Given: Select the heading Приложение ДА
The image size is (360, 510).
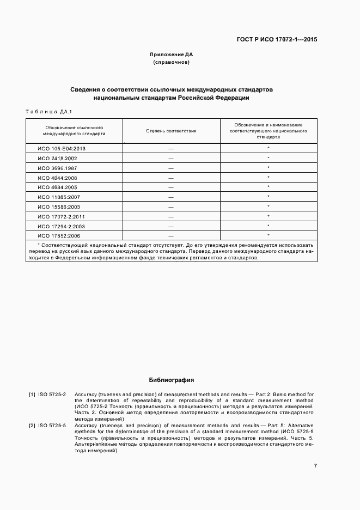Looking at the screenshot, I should click(x=172, y=54).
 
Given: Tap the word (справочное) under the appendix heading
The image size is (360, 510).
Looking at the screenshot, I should click(x=172, y=63).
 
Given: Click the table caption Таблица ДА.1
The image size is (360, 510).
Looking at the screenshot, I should click(x=48, y=112).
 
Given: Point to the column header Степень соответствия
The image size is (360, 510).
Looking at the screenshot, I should click(x=171, y=131).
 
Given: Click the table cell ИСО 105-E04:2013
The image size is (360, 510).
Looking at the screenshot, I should click(x=62, y=148).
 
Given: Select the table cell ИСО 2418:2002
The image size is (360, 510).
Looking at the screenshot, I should click(x=57, y=158).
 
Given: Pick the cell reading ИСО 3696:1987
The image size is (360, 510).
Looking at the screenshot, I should click(x=57, y=168).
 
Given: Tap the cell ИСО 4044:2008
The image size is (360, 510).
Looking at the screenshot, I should click(x=57, y=178).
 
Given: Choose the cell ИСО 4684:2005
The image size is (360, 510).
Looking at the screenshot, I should click(x=57, y=187).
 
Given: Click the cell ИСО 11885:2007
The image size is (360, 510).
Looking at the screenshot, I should click(x=59, y=197).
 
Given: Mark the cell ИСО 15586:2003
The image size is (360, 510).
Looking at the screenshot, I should click(x=59, y=207).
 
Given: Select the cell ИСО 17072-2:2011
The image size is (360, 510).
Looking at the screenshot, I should click(x=61, y=216).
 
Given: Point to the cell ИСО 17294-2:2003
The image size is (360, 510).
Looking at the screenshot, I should click(x=61, y=226).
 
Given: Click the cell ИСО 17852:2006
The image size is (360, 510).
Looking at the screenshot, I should click(x=59, y=236).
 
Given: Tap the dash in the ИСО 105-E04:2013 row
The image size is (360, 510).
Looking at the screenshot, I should click(x=171, y=148).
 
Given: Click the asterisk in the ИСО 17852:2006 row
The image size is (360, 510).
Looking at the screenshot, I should click(x=269, y=235).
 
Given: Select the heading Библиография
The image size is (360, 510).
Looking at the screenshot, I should click(x=172, y=380).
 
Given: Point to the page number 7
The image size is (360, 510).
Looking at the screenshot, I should click(x=315, y=465).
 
